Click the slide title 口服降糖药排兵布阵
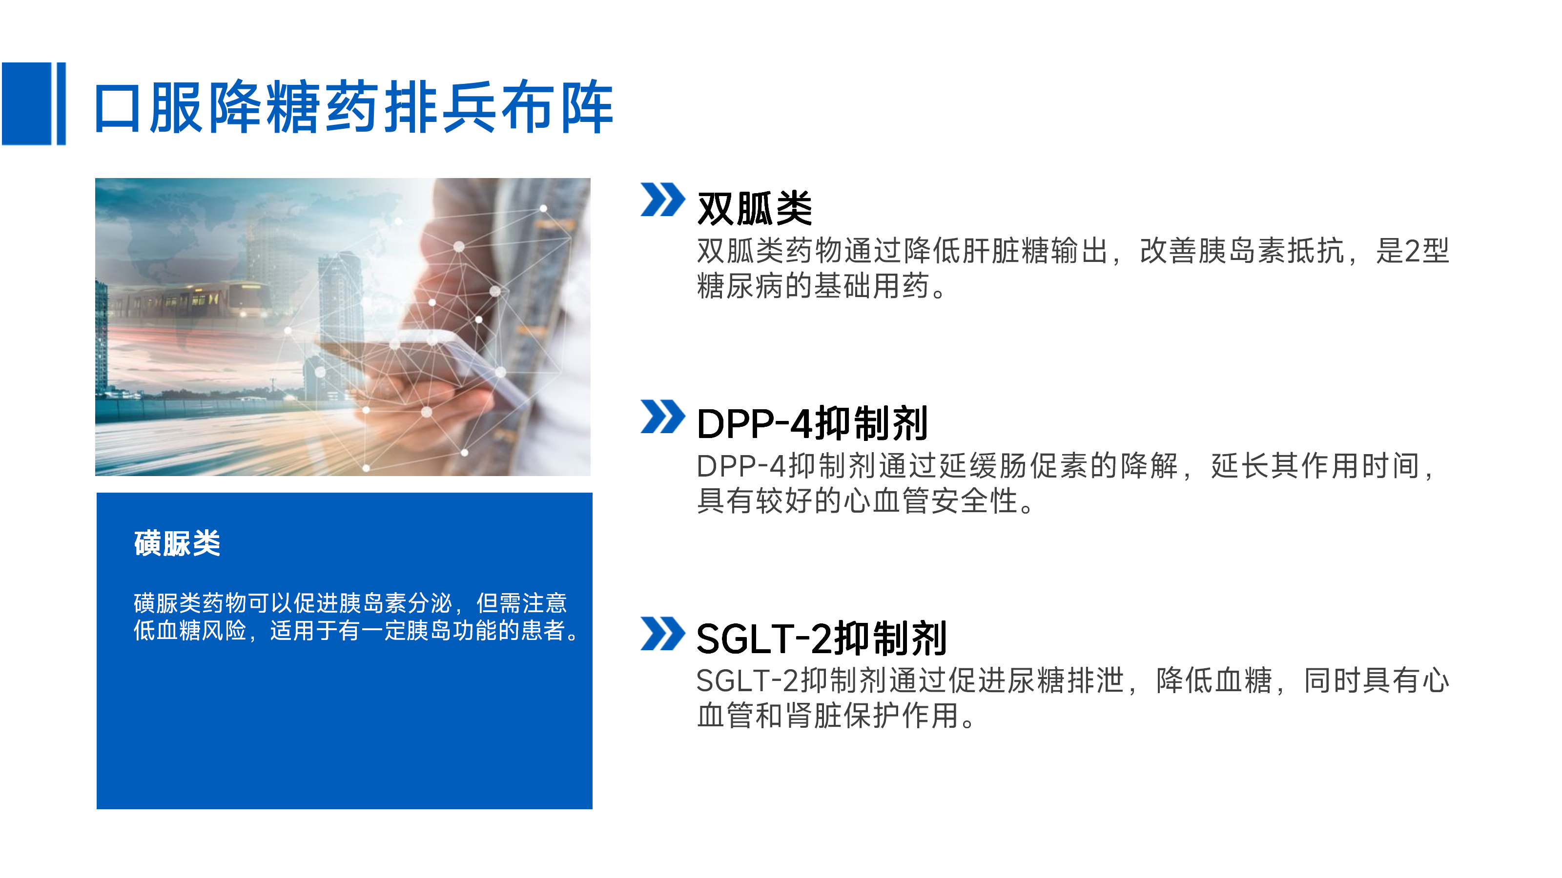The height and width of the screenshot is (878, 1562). tap(353, 107)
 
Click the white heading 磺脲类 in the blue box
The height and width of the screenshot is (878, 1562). tap(177, 543)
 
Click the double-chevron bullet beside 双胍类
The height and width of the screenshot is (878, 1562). tap(663, 200)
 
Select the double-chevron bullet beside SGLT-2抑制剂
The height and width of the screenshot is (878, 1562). tap(663, 633)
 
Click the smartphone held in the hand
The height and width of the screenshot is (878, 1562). tap(425, 363)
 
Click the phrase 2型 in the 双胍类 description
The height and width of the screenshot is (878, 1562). tap(1427, 251)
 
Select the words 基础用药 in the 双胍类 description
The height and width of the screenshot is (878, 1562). tap(871, 286)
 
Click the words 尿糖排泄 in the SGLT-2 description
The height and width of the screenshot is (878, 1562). tap(1066, 680)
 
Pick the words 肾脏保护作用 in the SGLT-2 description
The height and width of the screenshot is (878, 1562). tap(873, 716)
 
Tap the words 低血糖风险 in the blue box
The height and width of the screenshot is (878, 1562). tap(190, 631)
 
